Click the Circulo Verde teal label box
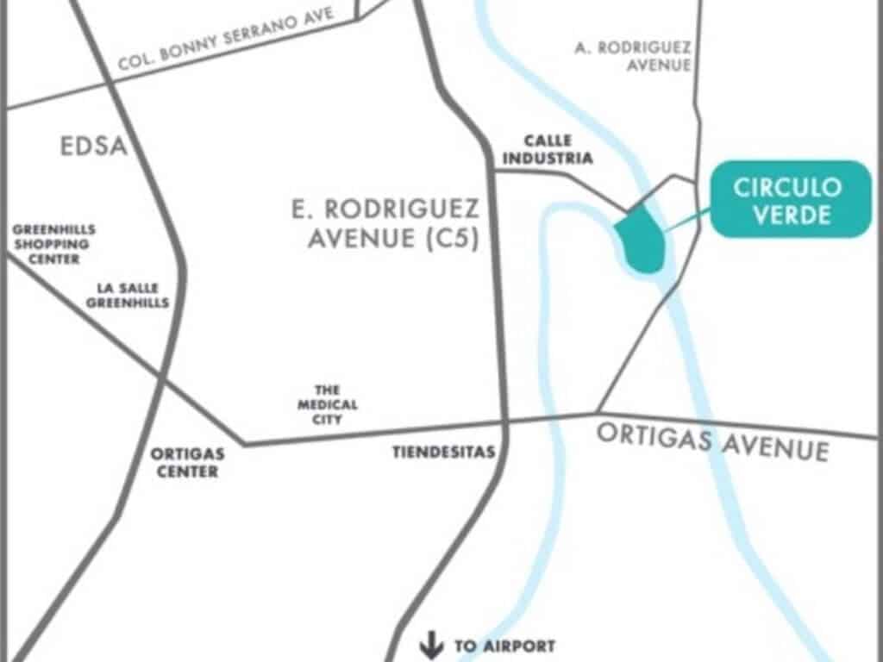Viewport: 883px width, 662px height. pyautogui.click(x=790, y=199)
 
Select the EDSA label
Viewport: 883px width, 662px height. pyautogui.click(x=94, y=147)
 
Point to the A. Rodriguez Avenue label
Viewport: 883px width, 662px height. pyautogui.click(x=633, y=56)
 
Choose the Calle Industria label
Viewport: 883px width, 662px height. pyautogui.click(x=547, y=150)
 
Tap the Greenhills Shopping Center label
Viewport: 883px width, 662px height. pyautogui.click(x=53, y=244)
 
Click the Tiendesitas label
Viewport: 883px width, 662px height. pyautogui.click(x=443, y=452)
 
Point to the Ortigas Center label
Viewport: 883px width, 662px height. pyautogui.click(x=187, y=462)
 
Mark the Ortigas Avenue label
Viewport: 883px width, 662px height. pyautogui.click(x=712, y=441)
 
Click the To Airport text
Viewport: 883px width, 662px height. pyautogui.click(x=504, y=645)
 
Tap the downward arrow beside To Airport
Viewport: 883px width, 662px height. pyautogui.click(x=429, y=644)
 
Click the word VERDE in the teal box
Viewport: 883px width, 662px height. pyautogui.click(x=792, y=215)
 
